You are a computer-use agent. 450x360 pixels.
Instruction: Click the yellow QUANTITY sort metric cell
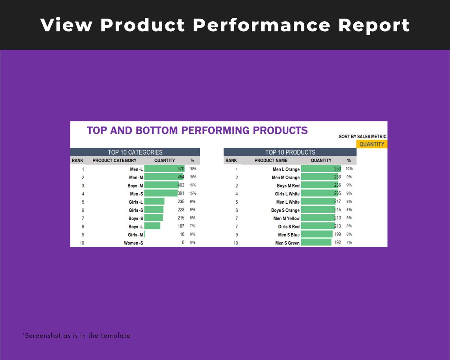pyautogui.click(x=371, y=144)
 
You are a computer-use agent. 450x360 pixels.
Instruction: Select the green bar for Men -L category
pyautogui.click(x=164, y=169)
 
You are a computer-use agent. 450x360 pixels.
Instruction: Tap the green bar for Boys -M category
pyautogui.click(x=161, y=185)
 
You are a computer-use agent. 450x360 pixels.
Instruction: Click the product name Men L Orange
pyautogui.click(x=286, y=169)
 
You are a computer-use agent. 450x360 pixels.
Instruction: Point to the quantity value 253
pyautogui.click(x=337, y=169)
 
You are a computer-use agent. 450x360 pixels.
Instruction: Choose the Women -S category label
pyautogui.click(x=133, y=243)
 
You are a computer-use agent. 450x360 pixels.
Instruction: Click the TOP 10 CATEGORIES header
pyautogui.click(x=135, y=152)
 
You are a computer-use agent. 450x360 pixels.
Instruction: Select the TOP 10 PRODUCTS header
pyautogui.click(x=290, y=152)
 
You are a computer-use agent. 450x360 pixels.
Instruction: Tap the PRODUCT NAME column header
pyautogui.click(x=271, y=161)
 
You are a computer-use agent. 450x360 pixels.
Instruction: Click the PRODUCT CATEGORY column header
pyautogui.click(x=114, y=161)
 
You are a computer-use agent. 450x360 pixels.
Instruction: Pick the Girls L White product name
pyautogui.click(x=287, y=194)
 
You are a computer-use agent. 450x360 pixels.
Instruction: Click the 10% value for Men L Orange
pyautogui.click(x=349, y=169)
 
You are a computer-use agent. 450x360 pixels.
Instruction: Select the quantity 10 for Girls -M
pyautogui.click(x=182, y=234)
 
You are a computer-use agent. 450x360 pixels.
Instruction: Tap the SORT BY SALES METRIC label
pyautogui.click(x=362, y=137)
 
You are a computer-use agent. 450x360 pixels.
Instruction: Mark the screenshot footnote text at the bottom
pyautogui.click(x=76, y=336)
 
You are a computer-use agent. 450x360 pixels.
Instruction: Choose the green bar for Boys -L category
pyautogui.click(x=152, y=226)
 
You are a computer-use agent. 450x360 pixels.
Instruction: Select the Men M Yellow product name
pyautogui.click(x=286, y=218)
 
